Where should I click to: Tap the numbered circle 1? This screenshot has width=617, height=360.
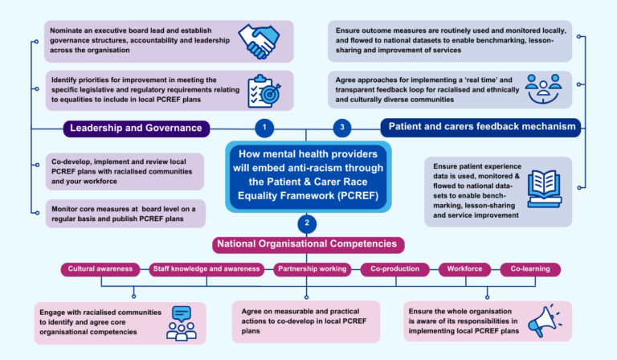coord(264,128)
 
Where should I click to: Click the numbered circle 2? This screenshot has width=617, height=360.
coord(308,223)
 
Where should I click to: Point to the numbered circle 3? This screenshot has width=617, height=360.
coord(343,128)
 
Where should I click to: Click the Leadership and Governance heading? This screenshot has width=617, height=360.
coord(137,128)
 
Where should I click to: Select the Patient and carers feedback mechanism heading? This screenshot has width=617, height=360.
coord(480,127)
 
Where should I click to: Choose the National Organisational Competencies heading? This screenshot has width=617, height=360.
coord(308,243)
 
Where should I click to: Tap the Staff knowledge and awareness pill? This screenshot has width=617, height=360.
coord(206,269)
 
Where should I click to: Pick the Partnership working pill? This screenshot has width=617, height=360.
coord(313,269)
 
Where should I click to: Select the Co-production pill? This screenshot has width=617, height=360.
coord(394,269)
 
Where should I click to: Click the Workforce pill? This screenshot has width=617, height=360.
coord(464,269)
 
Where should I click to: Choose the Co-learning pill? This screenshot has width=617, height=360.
coord(530,269)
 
